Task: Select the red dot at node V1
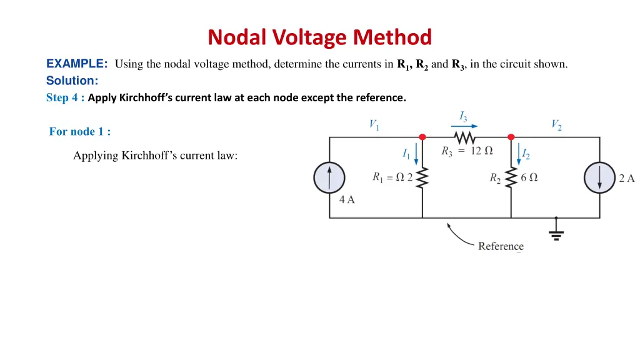(x=422, y=137)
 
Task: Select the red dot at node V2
(x=511, y=137)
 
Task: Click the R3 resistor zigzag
(x=464, y=138)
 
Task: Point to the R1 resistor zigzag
(x=422, y=177)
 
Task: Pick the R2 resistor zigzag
(x=511, y=177)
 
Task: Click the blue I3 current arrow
(x=464, y=126)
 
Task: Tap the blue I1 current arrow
(x=416, y=154)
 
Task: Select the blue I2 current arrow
(x=519, y=154)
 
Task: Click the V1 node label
(x=374, y=124)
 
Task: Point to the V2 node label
(x=556, y=124)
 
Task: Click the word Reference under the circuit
(x=501, y=246)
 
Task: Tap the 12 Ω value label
(x=482, y=151)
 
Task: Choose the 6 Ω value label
(x=529, y=177)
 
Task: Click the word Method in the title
(x=392, y=37)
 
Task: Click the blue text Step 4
(x=65, y=98)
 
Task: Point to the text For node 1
(x=79, y=131)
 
